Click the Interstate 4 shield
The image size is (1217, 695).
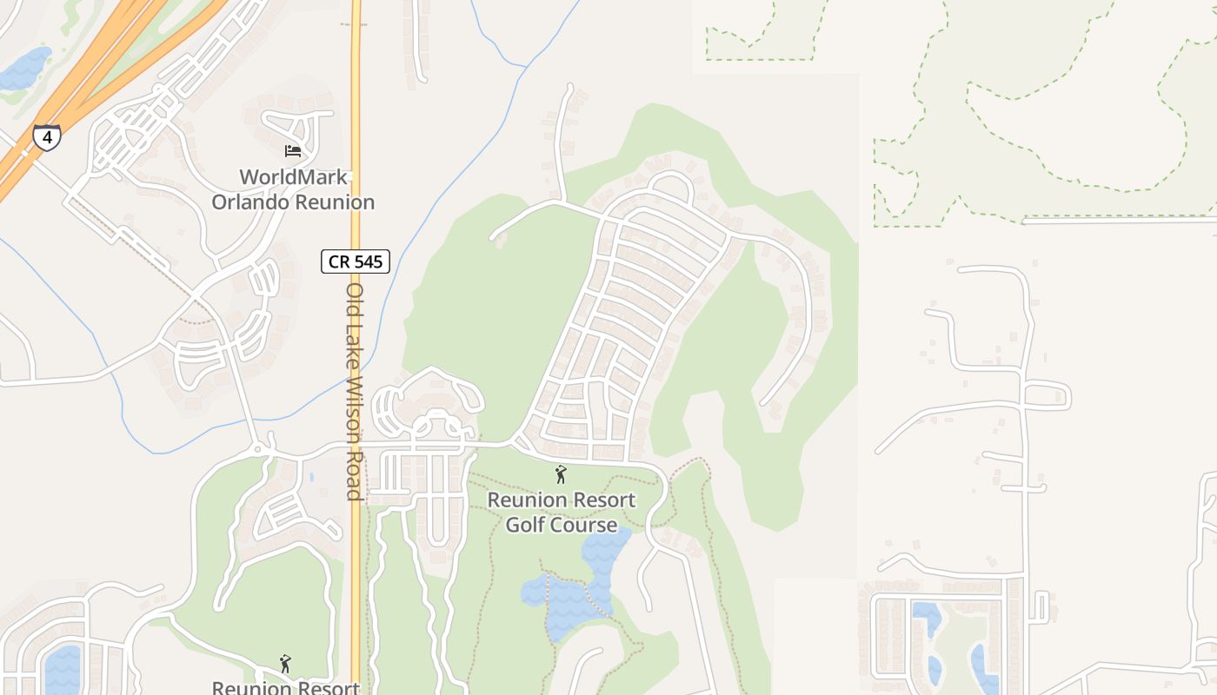pos(47,137)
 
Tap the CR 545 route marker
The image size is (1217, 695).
pos(356,261)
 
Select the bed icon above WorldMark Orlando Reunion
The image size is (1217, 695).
pos(293,151)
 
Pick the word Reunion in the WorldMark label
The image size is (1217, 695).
pos(335,202)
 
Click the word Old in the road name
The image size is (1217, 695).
pos(354,300)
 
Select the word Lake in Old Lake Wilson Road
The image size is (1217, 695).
pos(354,345)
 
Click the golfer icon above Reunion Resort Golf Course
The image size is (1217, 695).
pos(561,474)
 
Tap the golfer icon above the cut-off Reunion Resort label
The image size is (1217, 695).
pos(285,665)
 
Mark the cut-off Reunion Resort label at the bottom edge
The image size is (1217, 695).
pos(285,687)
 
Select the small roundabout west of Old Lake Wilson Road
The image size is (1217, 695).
pos(258,449)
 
